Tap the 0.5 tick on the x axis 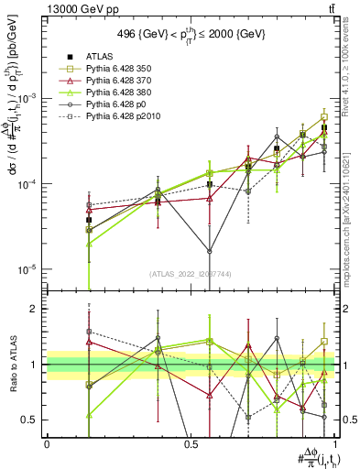pos(191,443)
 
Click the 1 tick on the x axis pos(333,443)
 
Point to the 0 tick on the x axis pos(47,443)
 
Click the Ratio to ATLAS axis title pos(12,364)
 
